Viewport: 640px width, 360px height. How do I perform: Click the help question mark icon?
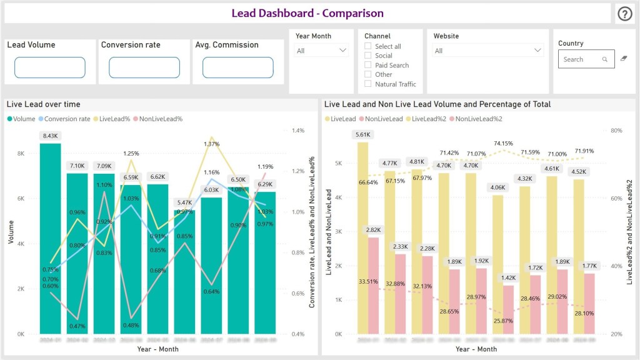(625, 14)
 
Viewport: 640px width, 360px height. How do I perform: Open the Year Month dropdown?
(322, 51)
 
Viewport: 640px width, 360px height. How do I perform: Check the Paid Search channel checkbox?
(369, 65)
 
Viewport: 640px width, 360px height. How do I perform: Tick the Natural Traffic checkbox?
(369, 84)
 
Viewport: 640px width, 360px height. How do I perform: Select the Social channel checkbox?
(369, 56)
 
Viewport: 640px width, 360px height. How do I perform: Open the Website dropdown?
(488, 51)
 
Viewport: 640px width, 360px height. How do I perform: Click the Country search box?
(581, 59)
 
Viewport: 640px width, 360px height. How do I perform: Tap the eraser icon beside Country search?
(623, 59)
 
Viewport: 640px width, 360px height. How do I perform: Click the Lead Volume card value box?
(49, 67)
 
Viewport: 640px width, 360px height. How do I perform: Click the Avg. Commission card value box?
(237, 67)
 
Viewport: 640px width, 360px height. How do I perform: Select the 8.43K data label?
(51, 136)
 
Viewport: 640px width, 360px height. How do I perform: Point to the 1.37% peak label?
(212, 144)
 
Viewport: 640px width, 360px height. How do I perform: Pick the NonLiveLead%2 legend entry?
(479, 119)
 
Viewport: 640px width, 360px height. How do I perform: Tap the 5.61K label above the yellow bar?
(363, 134)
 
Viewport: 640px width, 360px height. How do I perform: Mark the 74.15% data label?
(502, 143)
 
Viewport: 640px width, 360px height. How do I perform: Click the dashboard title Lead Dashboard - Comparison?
(307, 13)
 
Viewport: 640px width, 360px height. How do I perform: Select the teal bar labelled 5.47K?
(184, 272)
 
